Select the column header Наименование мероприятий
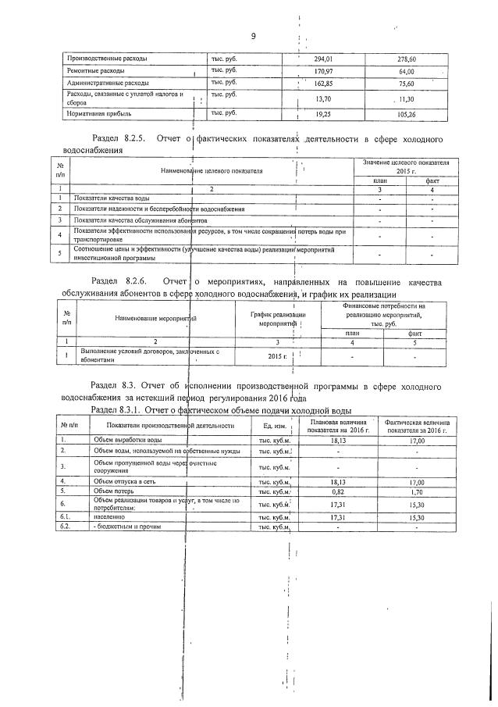click(x=155, y=318)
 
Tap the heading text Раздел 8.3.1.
click(x=116, y=410)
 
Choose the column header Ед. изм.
click(x=273, y=426)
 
